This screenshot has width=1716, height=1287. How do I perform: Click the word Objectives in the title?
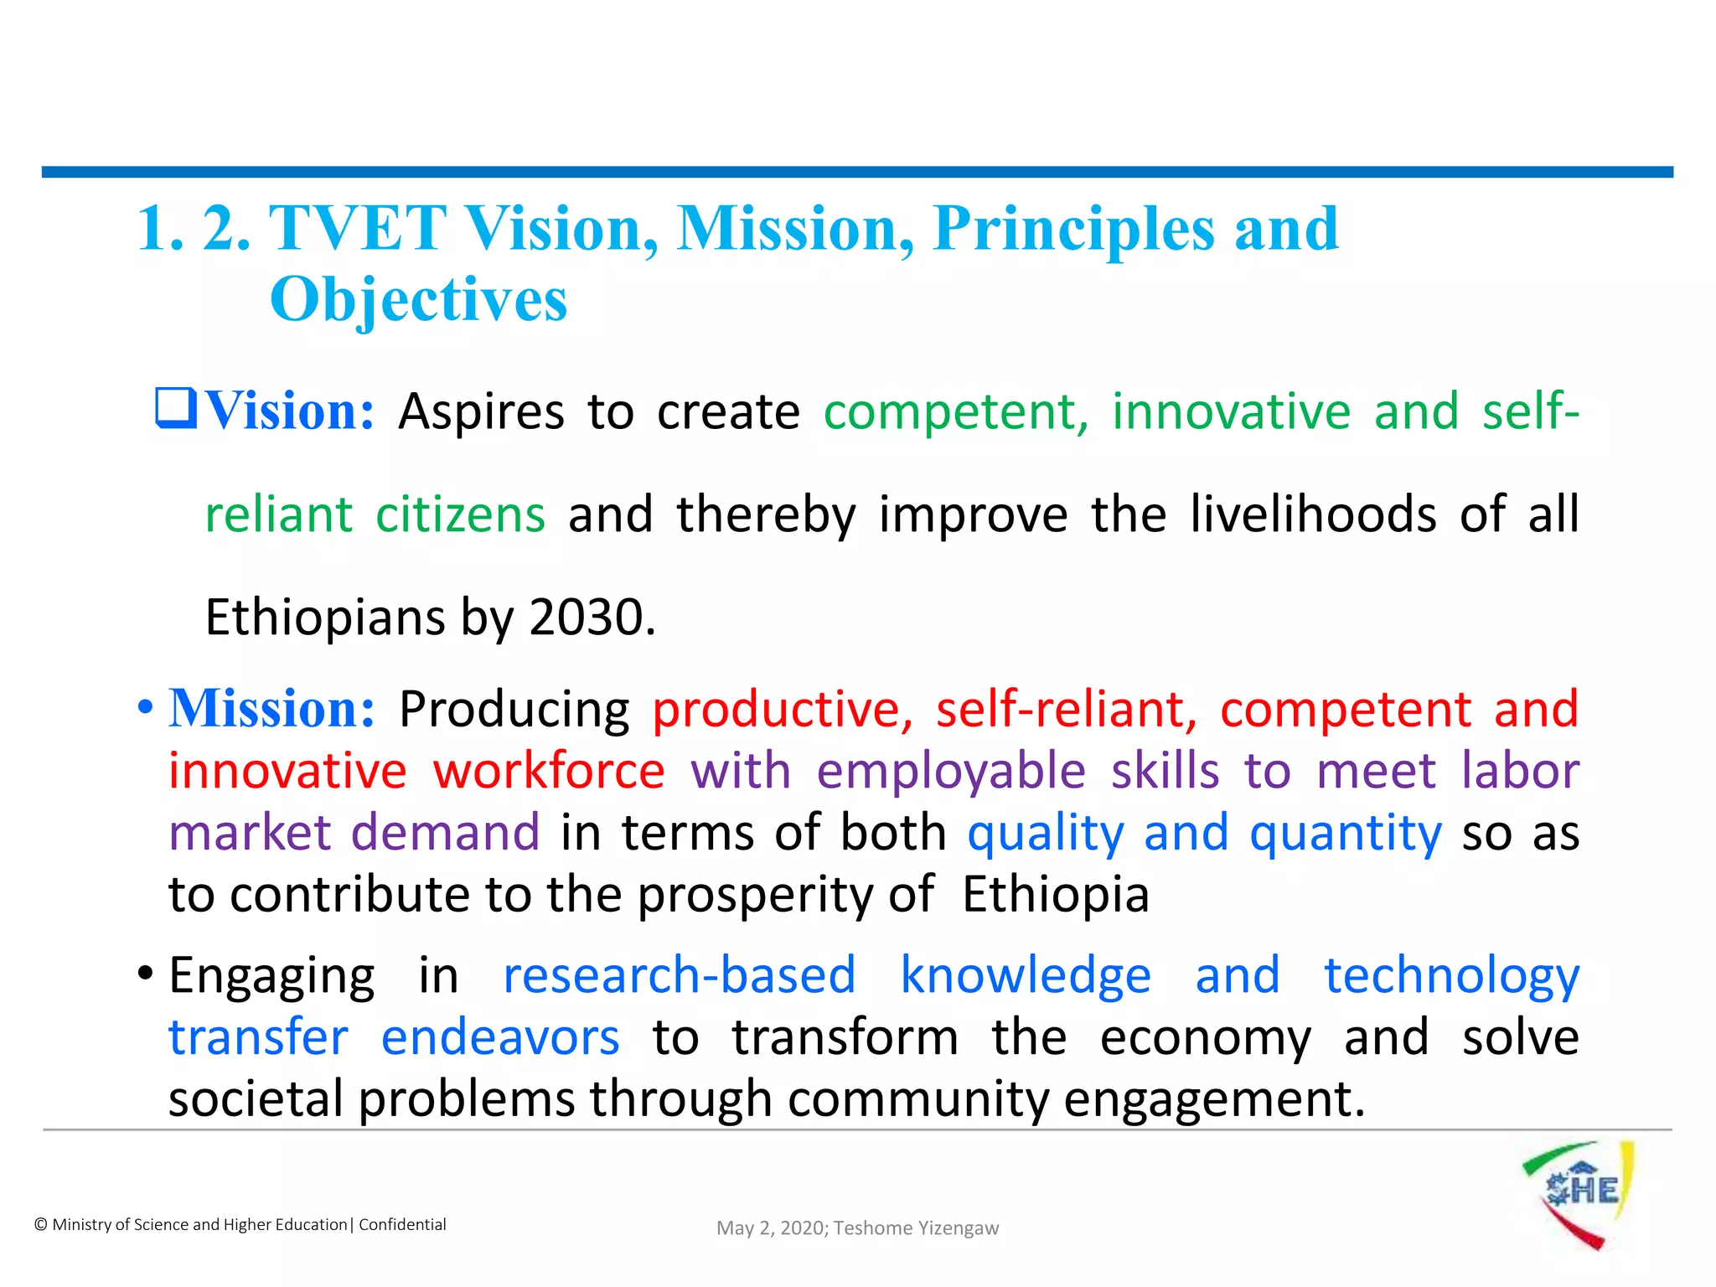tap(418, 299)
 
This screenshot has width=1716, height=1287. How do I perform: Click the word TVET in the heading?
tap(358, 228)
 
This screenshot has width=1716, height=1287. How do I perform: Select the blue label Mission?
tap(272, 709)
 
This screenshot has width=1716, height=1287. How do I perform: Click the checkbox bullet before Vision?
tap(176, 408)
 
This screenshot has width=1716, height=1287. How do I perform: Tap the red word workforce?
tap(549, 770)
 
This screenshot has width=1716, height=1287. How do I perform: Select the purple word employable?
tap(951, 772)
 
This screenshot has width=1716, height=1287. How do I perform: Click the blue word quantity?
tap(1345, 834)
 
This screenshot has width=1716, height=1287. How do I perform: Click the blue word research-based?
tap(679, 975)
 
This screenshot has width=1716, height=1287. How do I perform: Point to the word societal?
tap(256, 1098)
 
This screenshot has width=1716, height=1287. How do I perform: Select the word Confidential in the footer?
tap(402, 1224)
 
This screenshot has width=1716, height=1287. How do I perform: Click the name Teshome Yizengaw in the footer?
tap(916, 1228)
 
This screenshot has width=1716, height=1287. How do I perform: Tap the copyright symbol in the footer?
tap(41, 1225)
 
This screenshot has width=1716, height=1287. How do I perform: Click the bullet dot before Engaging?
tap(146, 974)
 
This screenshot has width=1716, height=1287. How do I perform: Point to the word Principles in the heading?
tap(1073, 228)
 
